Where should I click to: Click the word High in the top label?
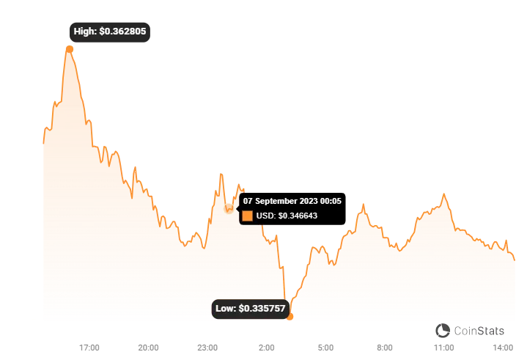coord(84,32)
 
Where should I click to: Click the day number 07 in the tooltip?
coord(248,201)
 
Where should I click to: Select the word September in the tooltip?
coord(277,201)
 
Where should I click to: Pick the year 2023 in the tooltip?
coord(310,201)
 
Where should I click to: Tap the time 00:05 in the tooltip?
coord(333,201)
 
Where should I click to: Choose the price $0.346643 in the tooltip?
coord(298,216)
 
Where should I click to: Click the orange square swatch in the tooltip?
coord(248,216)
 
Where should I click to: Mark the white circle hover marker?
coord(229,209)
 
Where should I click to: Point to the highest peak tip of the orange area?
coord(70,45)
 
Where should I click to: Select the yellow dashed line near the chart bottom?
coord(279,316)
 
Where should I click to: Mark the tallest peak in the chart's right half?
coord(442,190)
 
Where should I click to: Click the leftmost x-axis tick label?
coord(87,345)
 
